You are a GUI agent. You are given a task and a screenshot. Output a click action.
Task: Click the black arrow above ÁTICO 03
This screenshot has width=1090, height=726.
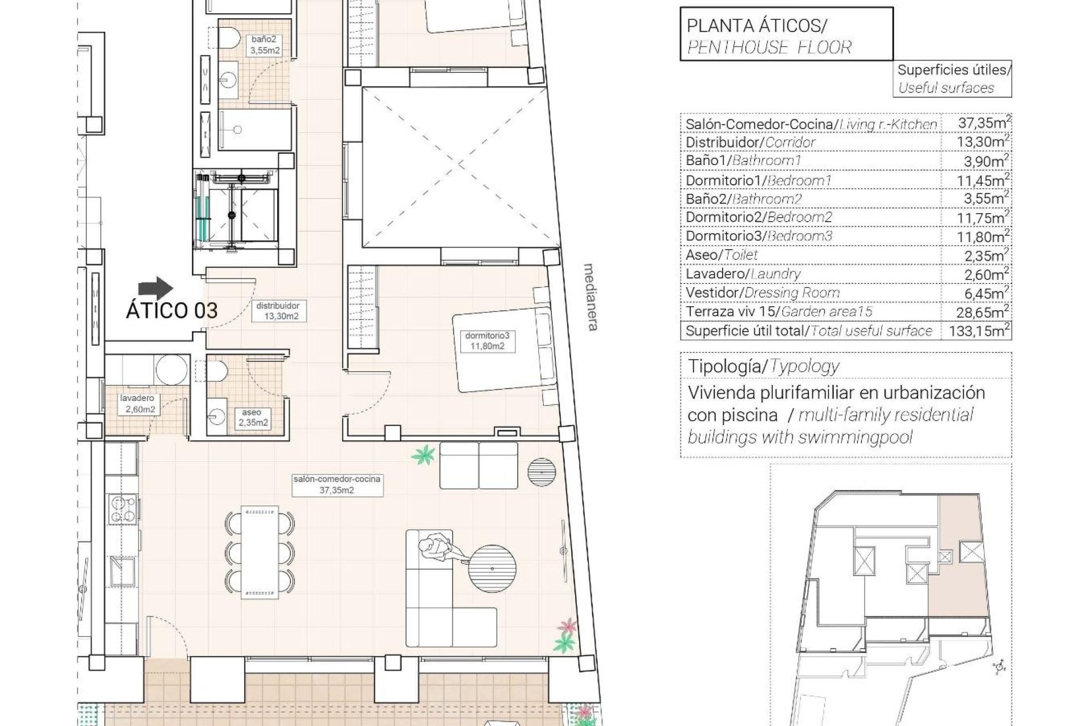coord(156,288)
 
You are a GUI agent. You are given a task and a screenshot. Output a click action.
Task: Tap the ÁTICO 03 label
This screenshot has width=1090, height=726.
coord(171,311)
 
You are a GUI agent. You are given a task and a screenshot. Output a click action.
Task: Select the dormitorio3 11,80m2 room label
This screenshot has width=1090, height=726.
coord(484,341)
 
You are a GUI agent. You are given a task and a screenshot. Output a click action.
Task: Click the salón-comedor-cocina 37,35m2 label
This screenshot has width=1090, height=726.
coord(337,484)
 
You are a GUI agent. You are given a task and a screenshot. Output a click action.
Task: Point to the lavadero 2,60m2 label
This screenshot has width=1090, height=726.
coord(137,404)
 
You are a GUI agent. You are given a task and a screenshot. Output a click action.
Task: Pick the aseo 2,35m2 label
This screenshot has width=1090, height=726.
coord(251,418)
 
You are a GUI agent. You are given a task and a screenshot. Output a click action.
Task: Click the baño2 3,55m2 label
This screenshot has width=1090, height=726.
coord(264,45)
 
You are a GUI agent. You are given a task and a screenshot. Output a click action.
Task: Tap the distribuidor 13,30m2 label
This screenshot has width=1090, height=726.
coord(278,311)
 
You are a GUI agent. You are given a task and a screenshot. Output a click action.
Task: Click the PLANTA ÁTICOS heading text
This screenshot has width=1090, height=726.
coord(757,26)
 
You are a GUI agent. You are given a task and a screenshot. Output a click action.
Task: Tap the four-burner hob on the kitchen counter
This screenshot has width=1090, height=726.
coord(123,509)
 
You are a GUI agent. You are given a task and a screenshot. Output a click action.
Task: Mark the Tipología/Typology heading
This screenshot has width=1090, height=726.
coord(763,366)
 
